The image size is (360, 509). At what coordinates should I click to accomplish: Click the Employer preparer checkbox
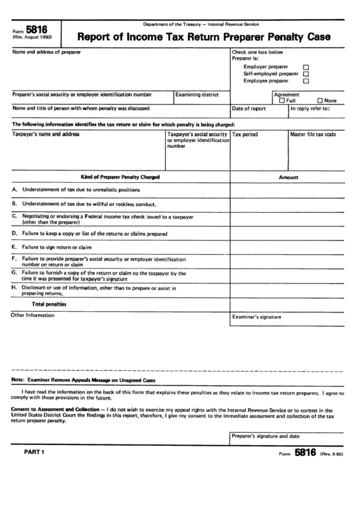[305, 67]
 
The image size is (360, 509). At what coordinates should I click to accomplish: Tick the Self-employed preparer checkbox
[305, 73]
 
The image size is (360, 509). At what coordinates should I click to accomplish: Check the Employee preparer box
[305, 81]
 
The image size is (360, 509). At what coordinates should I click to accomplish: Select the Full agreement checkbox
[282, 101]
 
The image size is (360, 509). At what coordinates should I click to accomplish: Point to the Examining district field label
[197, 95]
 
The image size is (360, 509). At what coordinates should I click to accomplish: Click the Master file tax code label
[312, 135]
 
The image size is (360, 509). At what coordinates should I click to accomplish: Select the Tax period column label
[245, 135]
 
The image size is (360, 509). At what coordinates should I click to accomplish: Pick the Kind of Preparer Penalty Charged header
[120, 177]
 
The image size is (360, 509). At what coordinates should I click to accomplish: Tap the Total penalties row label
[54, 304]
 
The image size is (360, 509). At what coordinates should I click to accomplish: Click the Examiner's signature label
[256, 317]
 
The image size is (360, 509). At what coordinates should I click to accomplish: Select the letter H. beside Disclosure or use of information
[14, 287]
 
